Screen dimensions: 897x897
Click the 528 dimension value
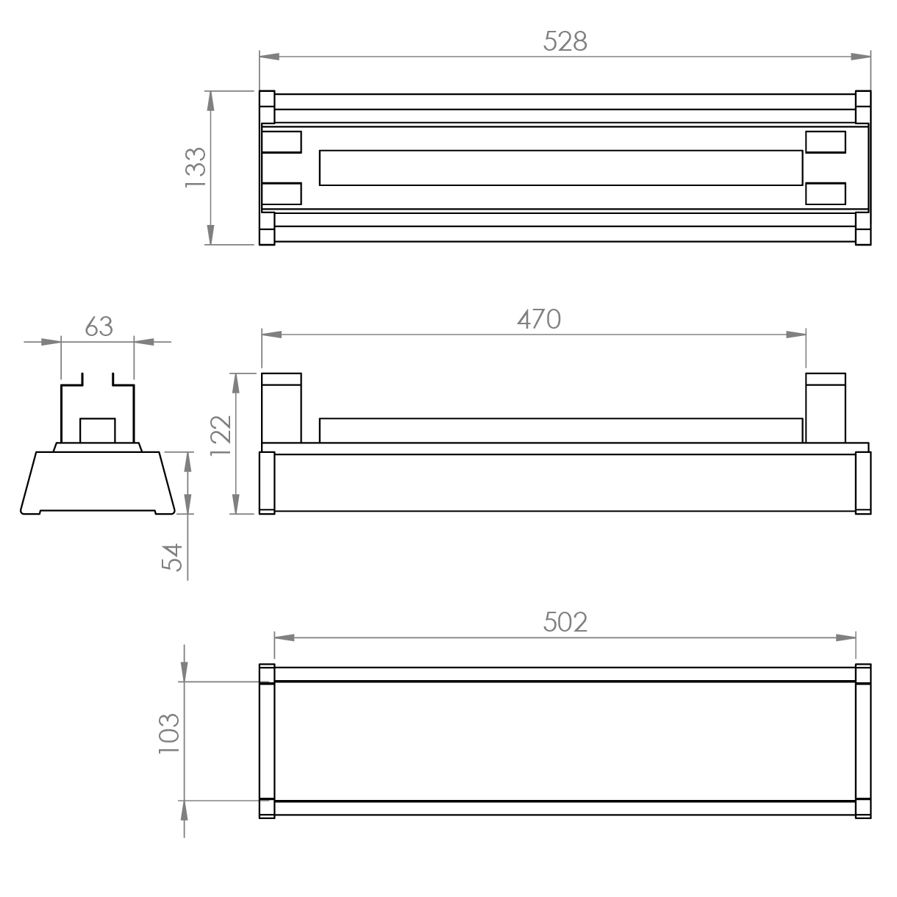coord(565,41)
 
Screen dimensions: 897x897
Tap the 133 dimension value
coord(196,168)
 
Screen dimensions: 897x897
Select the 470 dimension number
coord(539,319)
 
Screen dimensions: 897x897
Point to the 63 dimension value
coord(99,326)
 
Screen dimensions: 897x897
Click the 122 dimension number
coord(221,435)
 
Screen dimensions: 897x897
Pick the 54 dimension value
coord(172,557)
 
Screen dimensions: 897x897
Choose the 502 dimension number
coord(565,622)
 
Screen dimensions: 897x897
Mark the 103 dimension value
coord(169,740)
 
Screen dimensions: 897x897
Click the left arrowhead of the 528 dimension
coord(270,57)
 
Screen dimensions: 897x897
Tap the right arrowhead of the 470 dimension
coord(796,335)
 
